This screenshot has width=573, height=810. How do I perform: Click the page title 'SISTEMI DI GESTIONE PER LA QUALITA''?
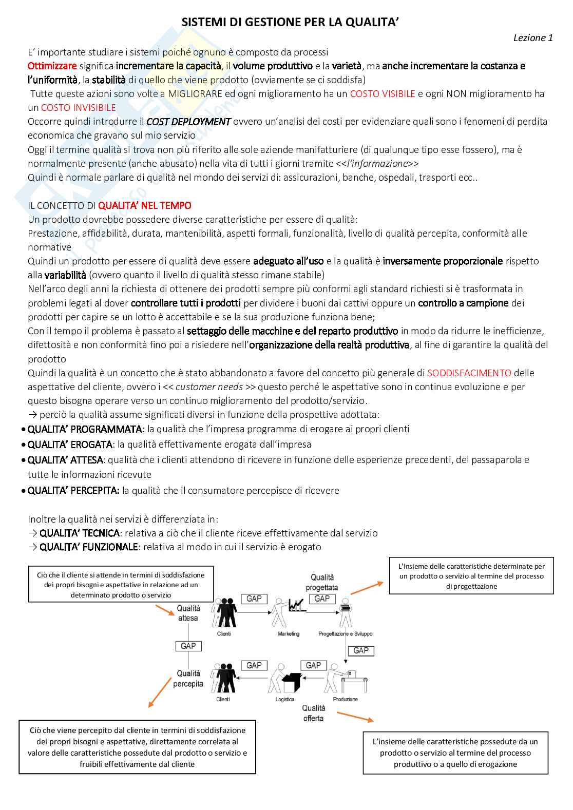[290, 22]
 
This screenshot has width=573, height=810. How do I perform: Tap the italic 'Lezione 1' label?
[533, 37]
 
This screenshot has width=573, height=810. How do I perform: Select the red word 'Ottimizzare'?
[52, 66]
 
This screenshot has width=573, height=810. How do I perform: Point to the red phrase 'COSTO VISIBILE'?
[383, 93]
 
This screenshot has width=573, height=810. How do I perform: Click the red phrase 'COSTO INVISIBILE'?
[79, 107]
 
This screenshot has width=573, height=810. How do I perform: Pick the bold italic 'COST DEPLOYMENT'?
[188, 122]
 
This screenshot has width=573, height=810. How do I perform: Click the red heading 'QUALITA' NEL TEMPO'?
[144, 205]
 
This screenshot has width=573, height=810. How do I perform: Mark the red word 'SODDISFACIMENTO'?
[469, 373]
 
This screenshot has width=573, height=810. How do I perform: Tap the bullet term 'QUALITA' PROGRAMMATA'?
[85, 429]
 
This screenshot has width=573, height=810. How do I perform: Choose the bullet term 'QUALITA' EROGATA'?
[70, 444]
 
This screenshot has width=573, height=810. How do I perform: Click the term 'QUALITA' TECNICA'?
[80, 533]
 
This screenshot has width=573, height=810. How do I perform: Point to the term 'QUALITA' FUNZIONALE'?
[89, 547]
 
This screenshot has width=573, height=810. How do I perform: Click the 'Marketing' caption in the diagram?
[289, 634]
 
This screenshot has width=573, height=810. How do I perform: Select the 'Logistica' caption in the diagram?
[285, 699]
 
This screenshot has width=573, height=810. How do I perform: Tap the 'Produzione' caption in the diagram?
[346, 699]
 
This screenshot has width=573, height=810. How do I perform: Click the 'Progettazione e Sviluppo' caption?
[346, 634]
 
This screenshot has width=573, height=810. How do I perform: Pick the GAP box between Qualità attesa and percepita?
[188, 646]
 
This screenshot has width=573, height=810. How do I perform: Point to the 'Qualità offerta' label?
[314, 713]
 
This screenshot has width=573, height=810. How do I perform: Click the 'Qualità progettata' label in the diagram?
[322, 582]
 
